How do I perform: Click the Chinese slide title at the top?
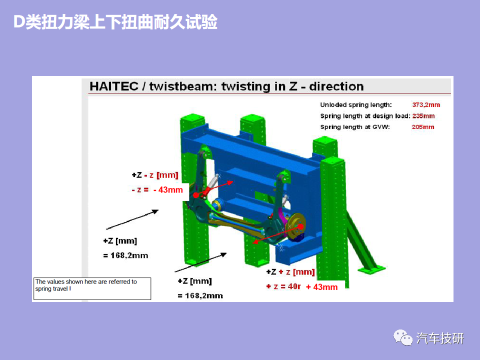(x=115, y=22)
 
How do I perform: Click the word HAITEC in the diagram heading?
(x=114, y=86)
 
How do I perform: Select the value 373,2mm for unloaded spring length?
(x=426, y=104)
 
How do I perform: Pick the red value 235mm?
(x=423, y=116)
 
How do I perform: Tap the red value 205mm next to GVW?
(x=423, y=127)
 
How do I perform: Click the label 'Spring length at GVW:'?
(x=355, y=127)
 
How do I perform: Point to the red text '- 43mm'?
(x=168, y=190)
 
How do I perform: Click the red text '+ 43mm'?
(x=321, y=287)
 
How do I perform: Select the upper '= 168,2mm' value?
(x=125, y=255)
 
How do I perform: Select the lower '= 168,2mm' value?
(x=200, y=295)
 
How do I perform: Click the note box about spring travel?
(x=92, y=288)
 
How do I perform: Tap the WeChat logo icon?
(x=403, y=338)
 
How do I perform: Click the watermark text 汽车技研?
(x=440, y=338)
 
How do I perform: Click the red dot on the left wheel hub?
(x=196, y=195)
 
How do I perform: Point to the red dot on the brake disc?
(x=300, y=226)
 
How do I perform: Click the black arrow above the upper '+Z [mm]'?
(x=132, y=219)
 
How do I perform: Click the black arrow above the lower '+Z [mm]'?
(x=200, y=262)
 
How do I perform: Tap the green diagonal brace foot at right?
(x=371, y=270)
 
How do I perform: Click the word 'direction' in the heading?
(x=336, y=86)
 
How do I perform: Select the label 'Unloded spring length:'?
(x=355, y=104)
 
